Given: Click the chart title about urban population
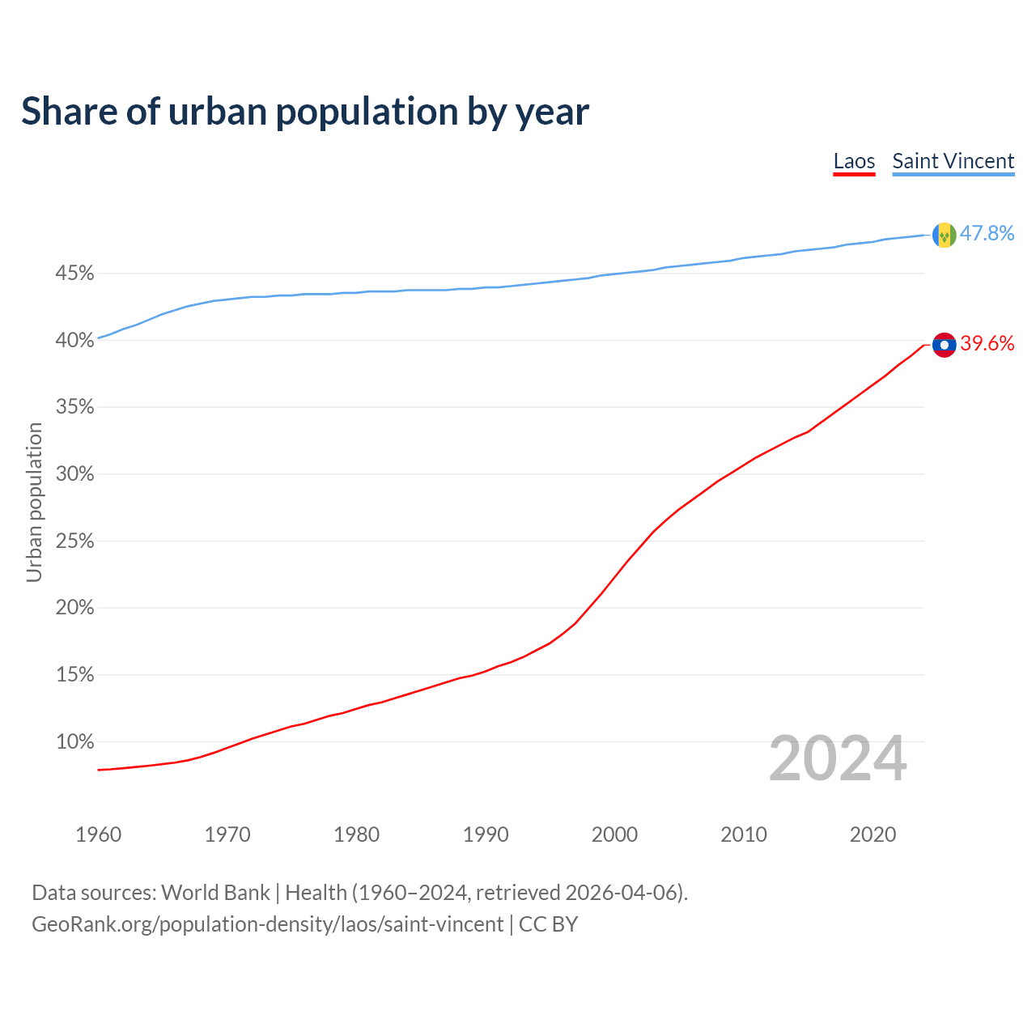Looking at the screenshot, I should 305,112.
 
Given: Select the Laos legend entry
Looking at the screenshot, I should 854,161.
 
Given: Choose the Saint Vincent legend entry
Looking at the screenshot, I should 953,161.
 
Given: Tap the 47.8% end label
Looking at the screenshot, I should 987,233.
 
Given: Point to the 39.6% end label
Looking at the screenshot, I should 987,344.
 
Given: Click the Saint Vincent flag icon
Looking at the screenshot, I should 944,235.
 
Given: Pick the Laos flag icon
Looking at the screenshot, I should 944,345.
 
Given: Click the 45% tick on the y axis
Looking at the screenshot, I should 74,274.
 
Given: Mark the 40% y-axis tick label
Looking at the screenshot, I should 74,341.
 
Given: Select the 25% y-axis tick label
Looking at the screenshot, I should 74,541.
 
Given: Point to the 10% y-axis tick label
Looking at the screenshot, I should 74,741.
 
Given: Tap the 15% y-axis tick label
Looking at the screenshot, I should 74,674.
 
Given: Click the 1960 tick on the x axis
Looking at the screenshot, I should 98,834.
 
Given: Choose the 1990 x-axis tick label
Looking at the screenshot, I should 486,834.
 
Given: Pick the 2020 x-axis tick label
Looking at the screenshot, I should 873,834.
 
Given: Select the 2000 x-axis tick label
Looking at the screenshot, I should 614,834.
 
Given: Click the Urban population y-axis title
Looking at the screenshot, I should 34,502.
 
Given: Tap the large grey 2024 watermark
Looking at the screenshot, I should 838,759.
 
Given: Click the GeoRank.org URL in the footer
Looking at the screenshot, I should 267,924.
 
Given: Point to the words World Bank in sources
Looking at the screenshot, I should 215,893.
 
